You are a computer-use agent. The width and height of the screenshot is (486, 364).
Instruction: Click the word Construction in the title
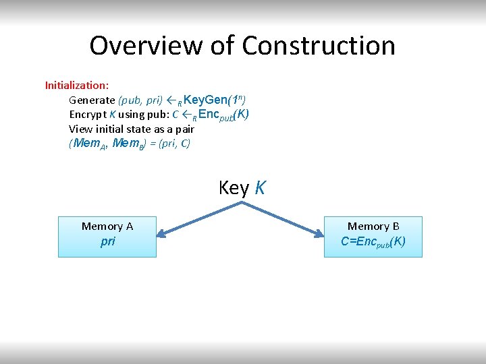[x=319, y=46]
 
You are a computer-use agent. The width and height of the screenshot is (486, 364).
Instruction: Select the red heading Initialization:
[x=77, y=86]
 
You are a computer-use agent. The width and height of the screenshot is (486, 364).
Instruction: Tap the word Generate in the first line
[x=92, y=100]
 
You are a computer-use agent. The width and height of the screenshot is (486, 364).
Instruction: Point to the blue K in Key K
[x=260, y=188]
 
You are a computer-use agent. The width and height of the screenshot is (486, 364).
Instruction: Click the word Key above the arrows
[x=234, y=188]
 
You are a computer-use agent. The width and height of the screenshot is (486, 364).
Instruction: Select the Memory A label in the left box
[x=107, y=226]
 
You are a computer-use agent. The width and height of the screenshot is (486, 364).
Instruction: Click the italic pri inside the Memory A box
[x=107, y=241]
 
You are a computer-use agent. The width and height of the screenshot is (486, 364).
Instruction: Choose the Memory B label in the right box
[x=373, y=226]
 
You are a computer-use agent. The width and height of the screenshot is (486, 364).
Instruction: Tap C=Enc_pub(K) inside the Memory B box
[x=373, y=241]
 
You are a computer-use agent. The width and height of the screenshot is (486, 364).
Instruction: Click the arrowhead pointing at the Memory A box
[x=162, y=235]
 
